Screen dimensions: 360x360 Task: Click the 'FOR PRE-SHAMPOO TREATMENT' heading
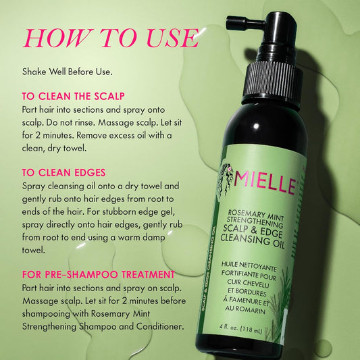click(99, 274)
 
